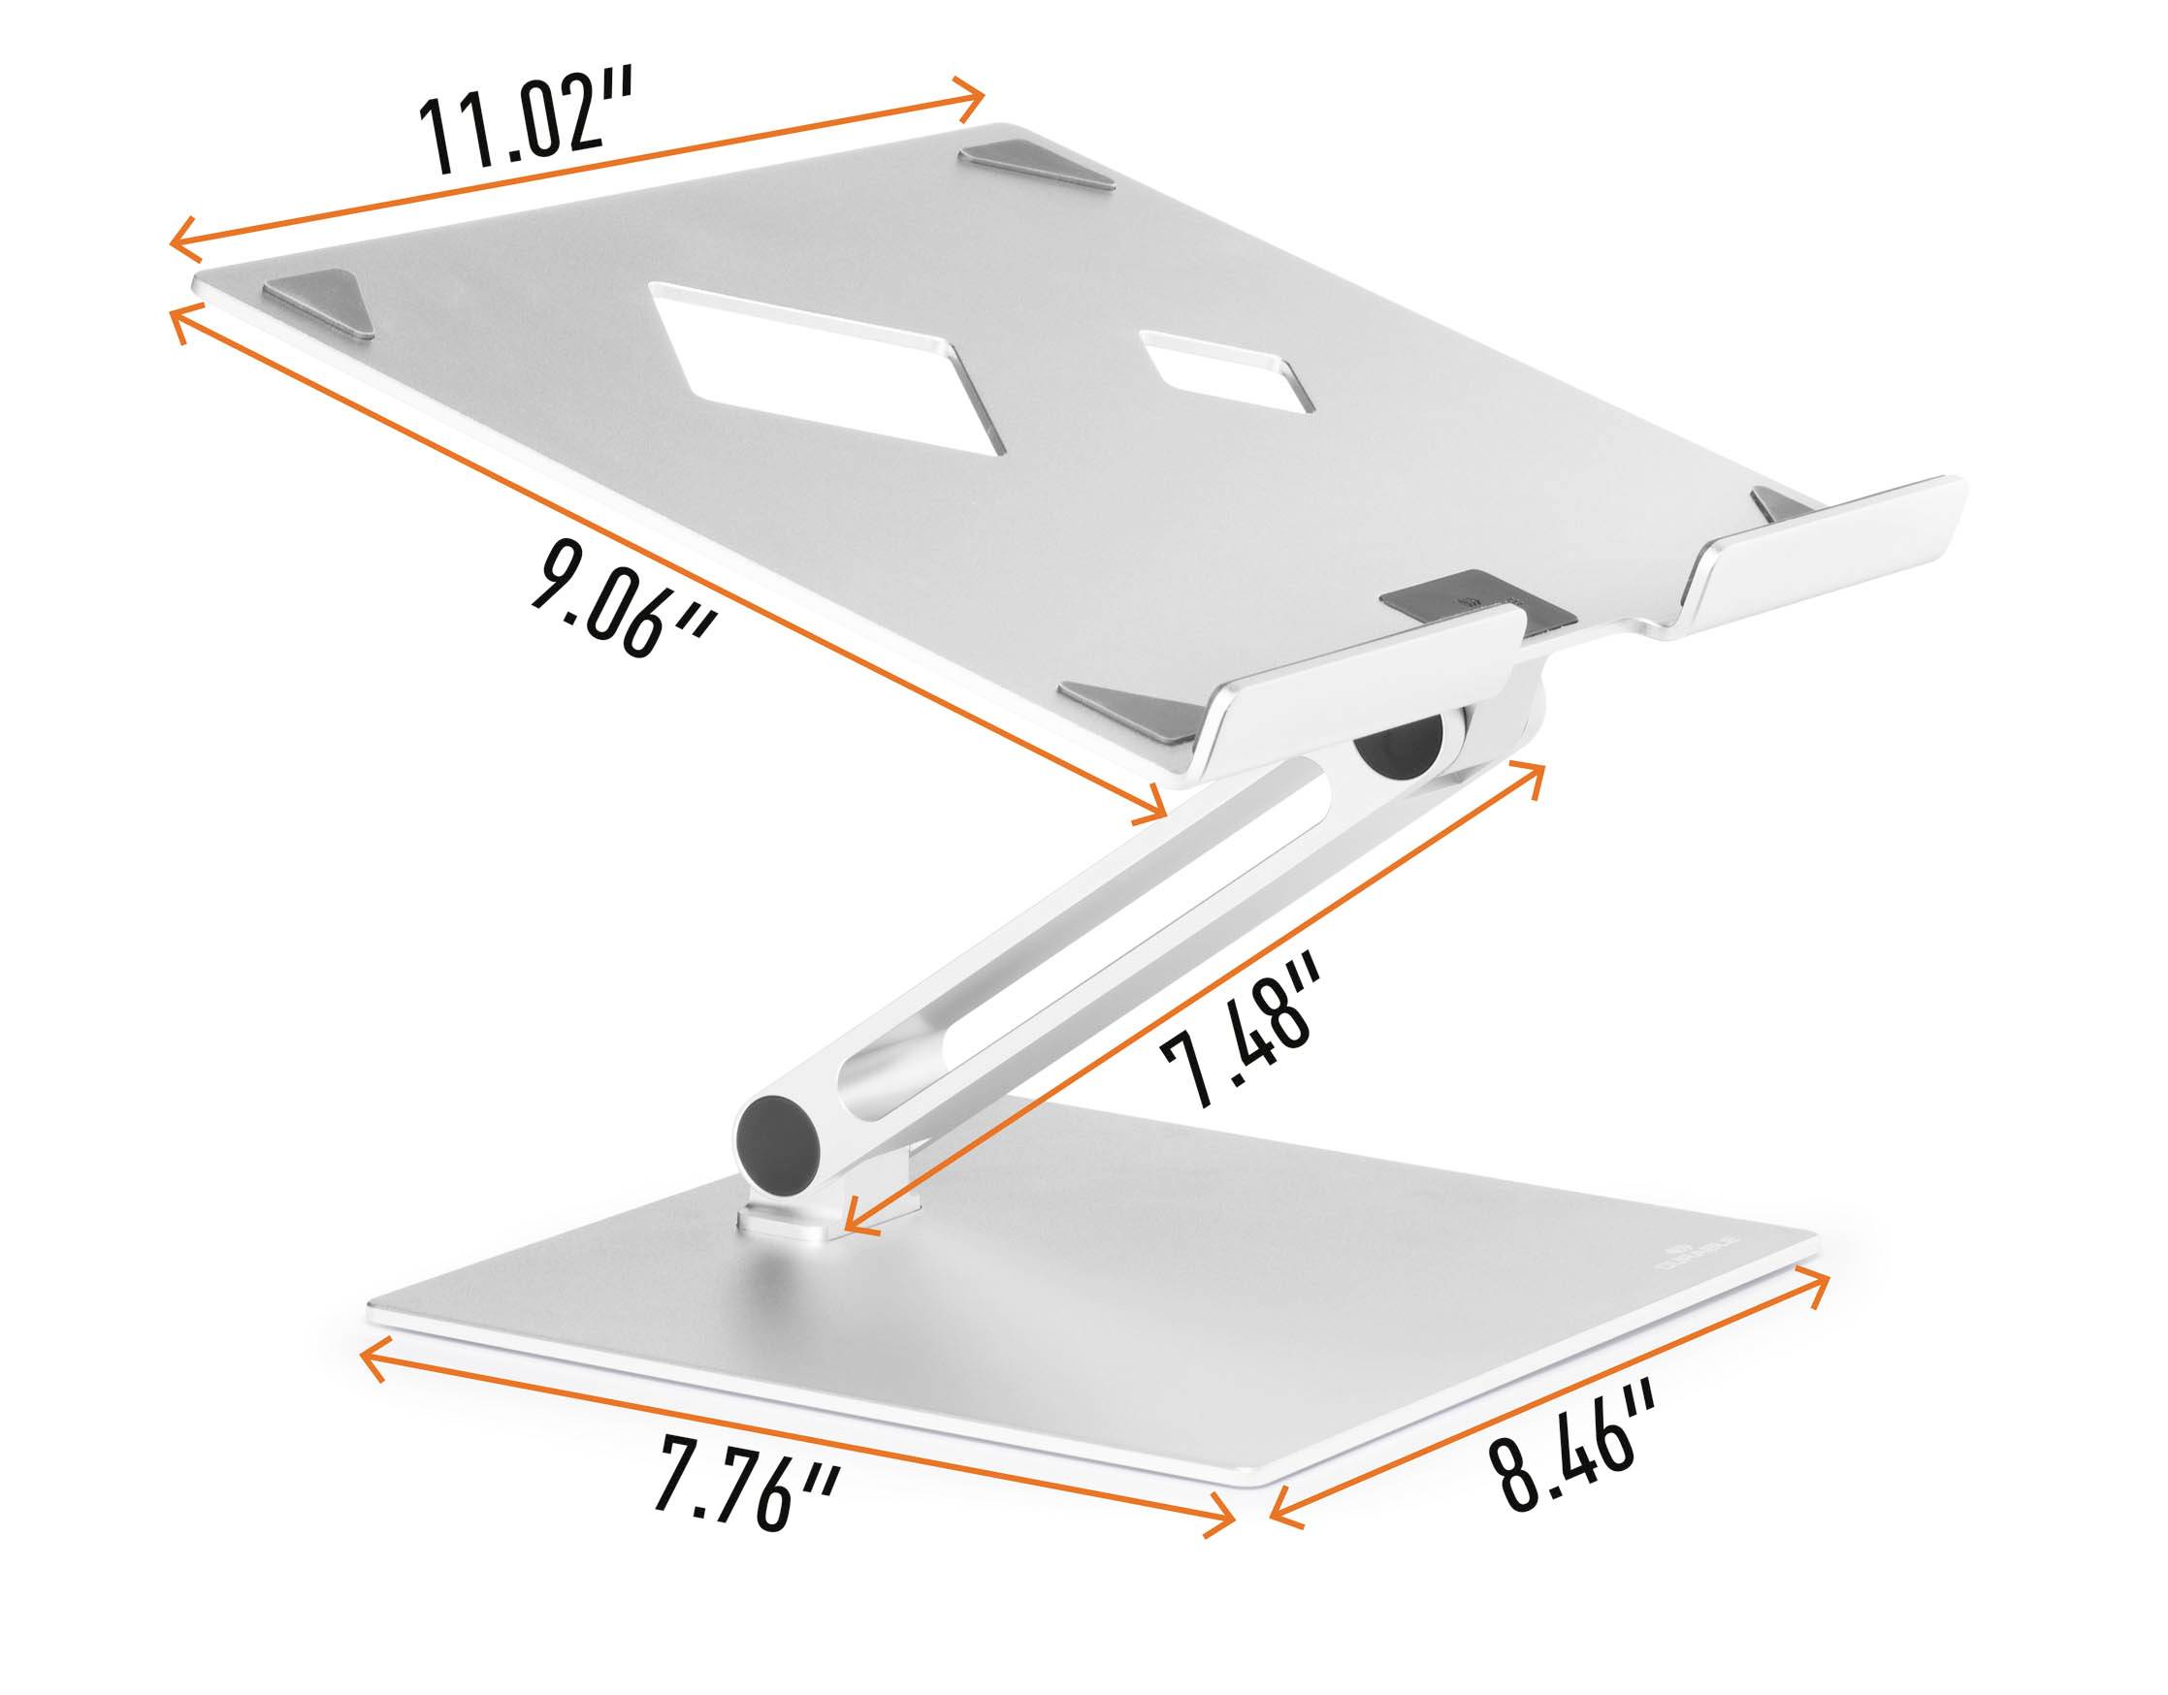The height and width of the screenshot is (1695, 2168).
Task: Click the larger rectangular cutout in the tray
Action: pyautogui.click(x=813, y=372)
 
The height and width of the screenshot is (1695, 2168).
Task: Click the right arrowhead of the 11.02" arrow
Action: pyautogui.click(x=974, y=95)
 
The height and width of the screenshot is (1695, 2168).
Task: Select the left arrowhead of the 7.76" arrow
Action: pyautogui.click(x=373, y=1359)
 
